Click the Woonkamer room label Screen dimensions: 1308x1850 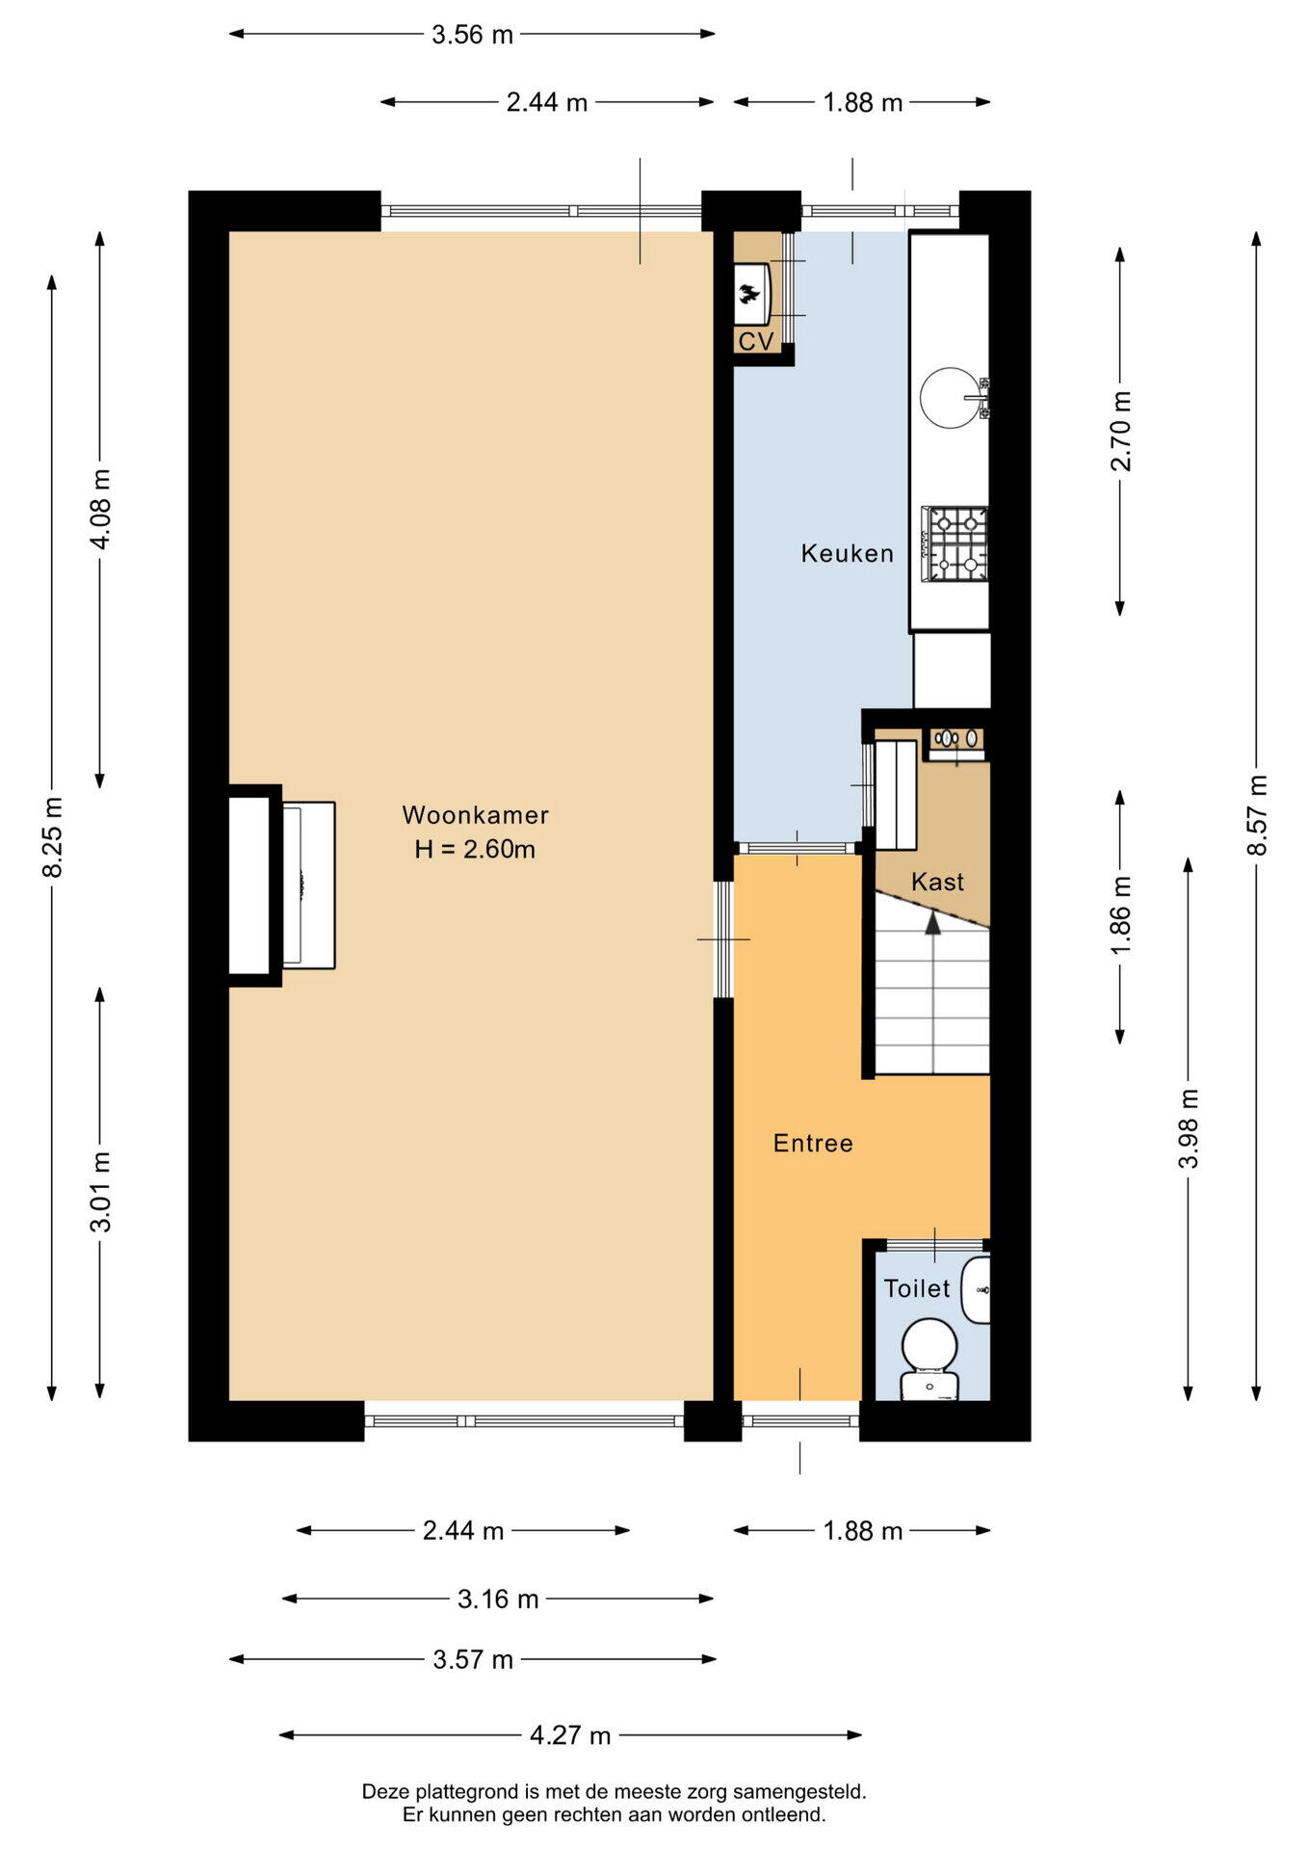click(x=475, y=815)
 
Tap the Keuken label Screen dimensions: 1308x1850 click(x=848, y=553)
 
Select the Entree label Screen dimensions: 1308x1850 click(x=813, y=1144)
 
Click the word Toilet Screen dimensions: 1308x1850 click(x=917, y=1288)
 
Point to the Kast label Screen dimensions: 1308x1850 click(x=937, y=882)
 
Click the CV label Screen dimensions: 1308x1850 click(x=756, y=342)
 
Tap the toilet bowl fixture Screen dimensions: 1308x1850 click(x=929, y=1360)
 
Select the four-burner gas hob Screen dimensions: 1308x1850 click(x=955, y=544)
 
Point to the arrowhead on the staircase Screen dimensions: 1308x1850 click(x=932, y=922)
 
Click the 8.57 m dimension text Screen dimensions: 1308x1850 click(x=1257, y=815)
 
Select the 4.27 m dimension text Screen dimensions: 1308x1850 click(x=570, y=1735)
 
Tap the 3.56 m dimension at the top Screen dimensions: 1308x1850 click(x=472, y=35)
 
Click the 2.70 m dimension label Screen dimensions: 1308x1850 click(x=1121, y=431)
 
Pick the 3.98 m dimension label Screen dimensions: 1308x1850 click(x=1190, y=1128)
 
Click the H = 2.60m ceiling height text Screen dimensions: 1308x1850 click(x=475, y=849)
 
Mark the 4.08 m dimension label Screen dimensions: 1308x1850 click(x=100, y=509)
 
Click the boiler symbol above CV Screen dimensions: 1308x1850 click(x=750, y=293)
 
